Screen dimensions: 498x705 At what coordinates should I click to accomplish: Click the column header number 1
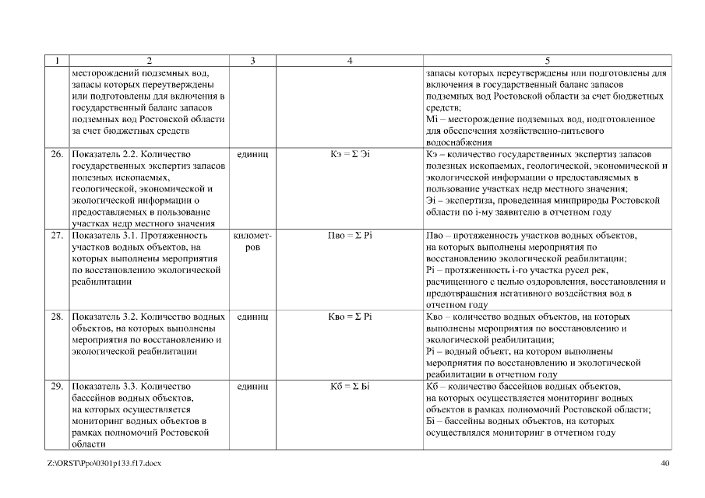58,61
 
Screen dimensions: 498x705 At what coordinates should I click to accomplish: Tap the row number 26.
58,155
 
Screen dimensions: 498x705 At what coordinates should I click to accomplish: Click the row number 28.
58,317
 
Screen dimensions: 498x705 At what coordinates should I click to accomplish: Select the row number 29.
58,387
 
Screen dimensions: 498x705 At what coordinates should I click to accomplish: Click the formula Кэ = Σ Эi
350,155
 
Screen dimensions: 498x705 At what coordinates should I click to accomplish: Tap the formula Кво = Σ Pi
350,317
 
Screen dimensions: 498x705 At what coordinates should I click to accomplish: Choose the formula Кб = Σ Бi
350,387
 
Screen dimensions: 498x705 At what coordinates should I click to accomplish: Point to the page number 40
664,464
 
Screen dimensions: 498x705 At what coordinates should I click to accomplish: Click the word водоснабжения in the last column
460,142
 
